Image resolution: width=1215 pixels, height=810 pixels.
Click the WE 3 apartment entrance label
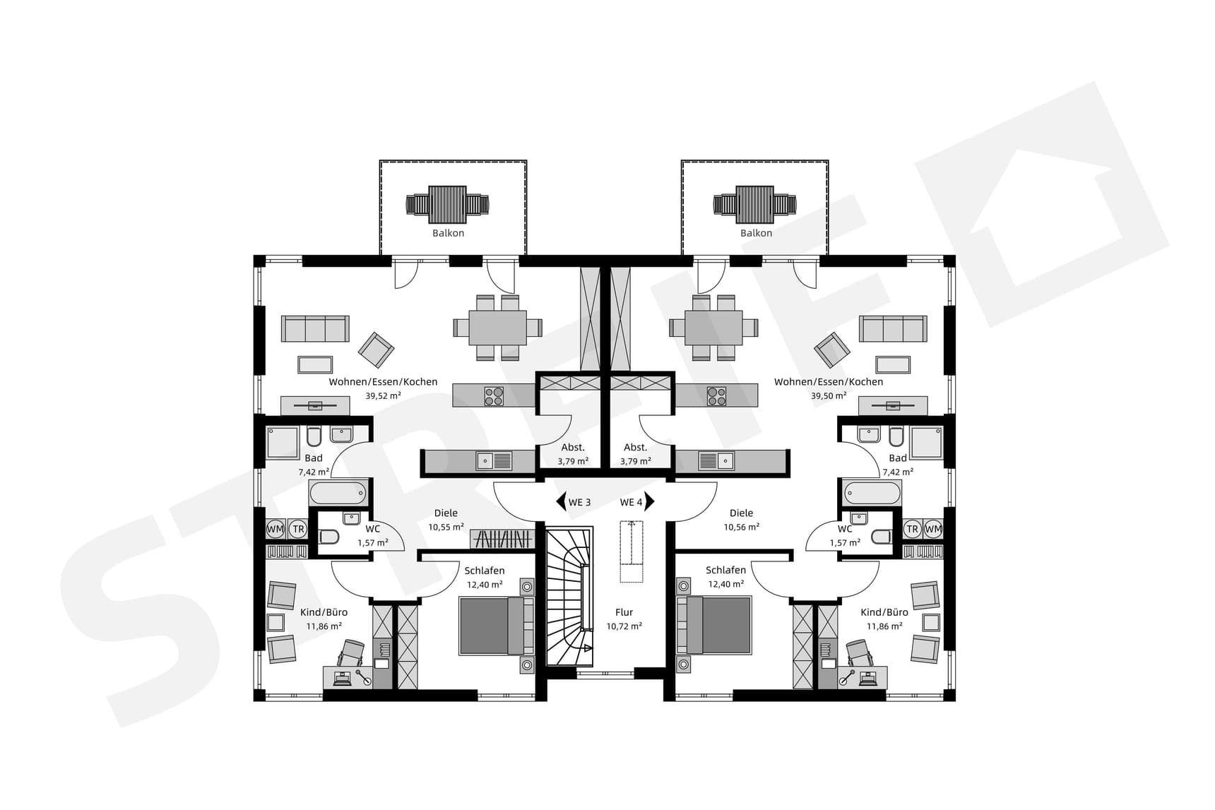click(x=579, y=502)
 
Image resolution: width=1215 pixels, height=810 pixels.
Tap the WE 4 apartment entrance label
click(x=632, y=502)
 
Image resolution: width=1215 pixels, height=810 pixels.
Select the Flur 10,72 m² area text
click(x=624, y=626)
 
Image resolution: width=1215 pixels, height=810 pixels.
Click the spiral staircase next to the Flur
click(x=569, y=597)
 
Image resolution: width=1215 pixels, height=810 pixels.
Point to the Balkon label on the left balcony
click(x=449, y=233)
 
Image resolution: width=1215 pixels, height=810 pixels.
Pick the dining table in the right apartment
click(x=713, y=328)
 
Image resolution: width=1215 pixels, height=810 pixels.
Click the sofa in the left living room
click(x=315, y=329)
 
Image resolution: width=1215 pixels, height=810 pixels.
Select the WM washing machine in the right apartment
click(x=933, y=529)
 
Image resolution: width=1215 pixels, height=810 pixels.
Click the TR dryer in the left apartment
click(x=298, y=529)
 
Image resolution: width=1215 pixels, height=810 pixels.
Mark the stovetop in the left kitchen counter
click(x=494, y=396)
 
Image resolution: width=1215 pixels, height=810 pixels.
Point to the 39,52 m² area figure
click(x=383, y=396)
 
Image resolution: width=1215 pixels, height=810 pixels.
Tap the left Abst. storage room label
click(x=573, y=447)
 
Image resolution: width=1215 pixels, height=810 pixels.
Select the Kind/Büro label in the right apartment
click(x=884, y=612)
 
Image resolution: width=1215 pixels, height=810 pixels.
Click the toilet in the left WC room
click(x=328, y=537)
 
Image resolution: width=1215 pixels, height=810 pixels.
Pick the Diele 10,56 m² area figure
click(x=741, y=527)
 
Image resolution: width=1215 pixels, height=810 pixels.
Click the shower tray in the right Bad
click(x=925, y=443)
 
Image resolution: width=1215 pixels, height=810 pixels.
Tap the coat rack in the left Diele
click(x=501, y=539)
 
